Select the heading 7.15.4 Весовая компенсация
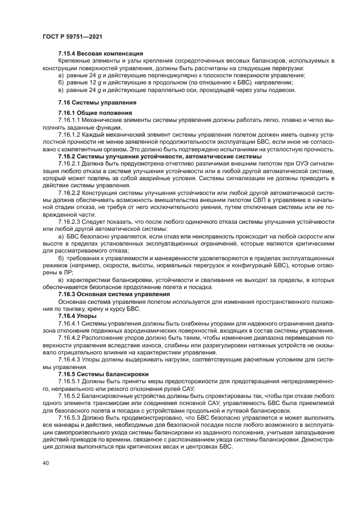(100, 53)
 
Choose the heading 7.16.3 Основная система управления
(114, 294)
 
